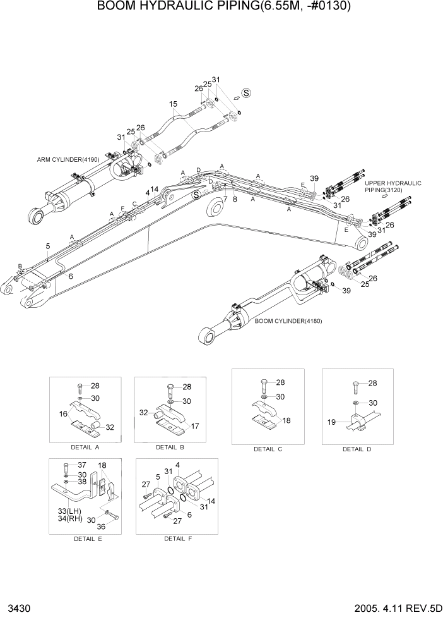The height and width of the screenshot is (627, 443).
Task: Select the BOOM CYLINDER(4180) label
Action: pos(288,321)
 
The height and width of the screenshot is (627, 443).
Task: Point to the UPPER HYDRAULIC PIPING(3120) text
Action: pos(393,186)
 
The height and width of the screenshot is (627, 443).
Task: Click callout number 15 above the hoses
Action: pos(173,104)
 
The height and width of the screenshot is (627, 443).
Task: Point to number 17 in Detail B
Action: pos(195,427)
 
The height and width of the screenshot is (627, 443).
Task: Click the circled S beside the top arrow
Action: pos(246,92)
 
